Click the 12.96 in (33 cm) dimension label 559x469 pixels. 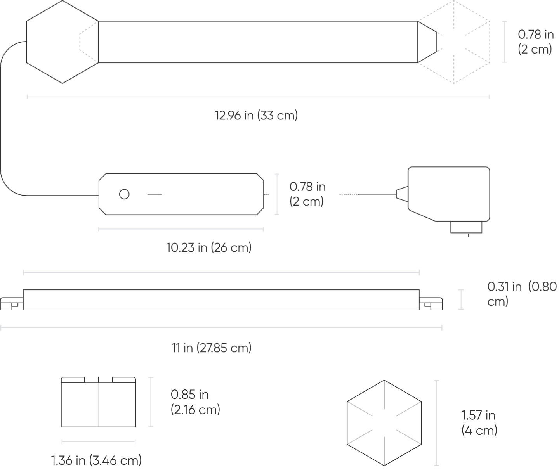[x=256, y=116]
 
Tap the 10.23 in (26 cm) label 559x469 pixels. [x=209, y=247]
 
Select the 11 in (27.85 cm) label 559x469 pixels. [x=212, y=348]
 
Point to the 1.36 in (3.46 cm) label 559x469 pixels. [x=96, y=460]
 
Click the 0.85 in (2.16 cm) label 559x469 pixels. [x=195, y=402]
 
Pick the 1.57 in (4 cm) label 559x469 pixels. [x=479, y=423]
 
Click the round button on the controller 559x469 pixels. [x=124, y=194]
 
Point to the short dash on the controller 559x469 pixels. [x=155, y=194]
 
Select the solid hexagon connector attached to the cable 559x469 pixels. [x=62, y=42]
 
